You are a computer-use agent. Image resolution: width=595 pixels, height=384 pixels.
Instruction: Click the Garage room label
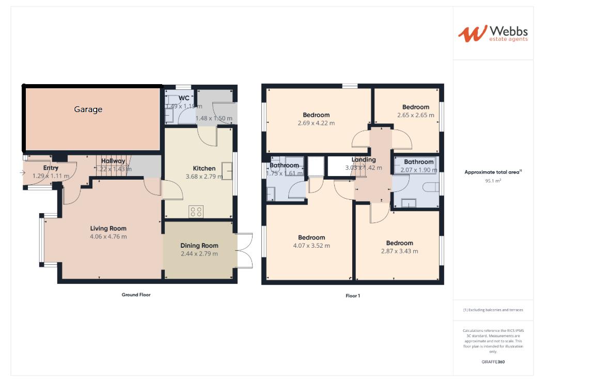tap(88, 109)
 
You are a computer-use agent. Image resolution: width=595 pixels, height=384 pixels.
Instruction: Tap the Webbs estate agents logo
tap(493, 34)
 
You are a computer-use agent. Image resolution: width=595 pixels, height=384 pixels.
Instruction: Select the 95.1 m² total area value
tap(493, 181)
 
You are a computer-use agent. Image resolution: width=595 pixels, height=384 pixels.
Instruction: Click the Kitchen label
tap(204, 168)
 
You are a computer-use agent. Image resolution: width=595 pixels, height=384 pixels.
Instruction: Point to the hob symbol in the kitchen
tap(196, 211)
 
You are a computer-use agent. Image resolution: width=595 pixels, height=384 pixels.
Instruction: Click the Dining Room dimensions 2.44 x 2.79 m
tap(199, 254)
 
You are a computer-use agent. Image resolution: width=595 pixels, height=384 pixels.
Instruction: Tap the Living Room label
tap(108, 228)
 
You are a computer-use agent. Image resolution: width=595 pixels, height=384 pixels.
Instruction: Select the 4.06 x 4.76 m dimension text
tap(108, 237)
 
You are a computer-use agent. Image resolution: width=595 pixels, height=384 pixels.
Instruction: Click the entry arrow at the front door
tap(23, 173)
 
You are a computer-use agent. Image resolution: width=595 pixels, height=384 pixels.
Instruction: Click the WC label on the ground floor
tap(184, 98)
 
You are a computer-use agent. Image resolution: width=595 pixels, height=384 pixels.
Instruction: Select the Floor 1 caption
tap(353, 296)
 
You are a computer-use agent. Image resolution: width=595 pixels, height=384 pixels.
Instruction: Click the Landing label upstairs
tap(364, 160)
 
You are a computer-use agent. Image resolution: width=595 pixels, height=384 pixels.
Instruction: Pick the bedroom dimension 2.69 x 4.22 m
tap(316, 123)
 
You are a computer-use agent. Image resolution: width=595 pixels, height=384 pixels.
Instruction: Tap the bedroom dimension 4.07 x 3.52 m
tap(311, 246)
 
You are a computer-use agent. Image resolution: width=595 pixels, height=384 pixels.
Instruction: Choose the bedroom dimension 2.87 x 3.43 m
tap(400, 251)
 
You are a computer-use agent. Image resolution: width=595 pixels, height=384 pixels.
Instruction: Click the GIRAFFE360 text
tap(493, 362)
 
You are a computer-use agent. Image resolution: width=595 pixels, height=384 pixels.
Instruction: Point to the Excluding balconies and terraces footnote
tap(493, 310)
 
